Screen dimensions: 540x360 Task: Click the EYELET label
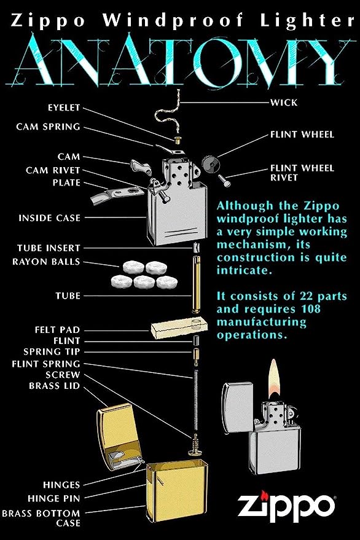63,108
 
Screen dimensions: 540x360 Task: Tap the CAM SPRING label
48,127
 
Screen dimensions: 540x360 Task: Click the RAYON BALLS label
46,262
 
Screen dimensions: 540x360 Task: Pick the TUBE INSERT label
49,248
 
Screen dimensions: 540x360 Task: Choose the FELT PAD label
57,330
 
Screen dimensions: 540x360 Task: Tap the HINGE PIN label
53,498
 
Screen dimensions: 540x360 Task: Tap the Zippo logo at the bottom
286,506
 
